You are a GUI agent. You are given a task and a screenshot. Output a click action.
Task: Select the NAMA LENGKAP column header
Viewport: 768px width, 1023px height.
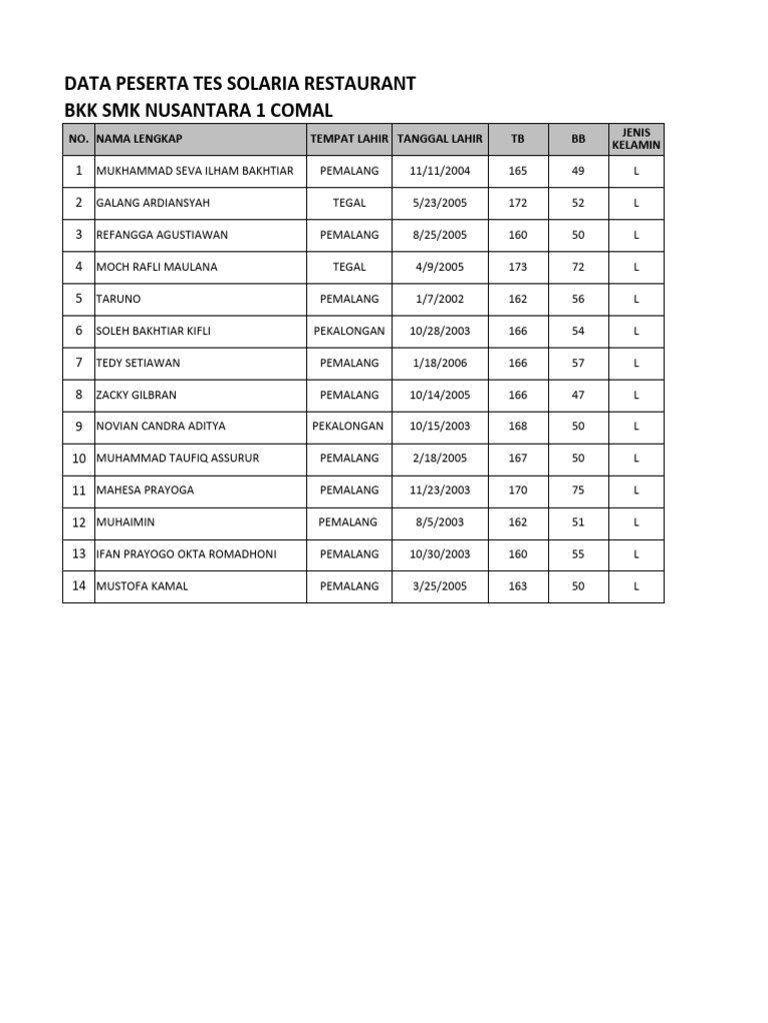point(139,139)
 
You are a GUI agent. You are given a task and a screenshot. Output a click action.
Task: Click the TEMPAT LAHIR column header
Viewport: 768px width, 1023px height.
point(349,139)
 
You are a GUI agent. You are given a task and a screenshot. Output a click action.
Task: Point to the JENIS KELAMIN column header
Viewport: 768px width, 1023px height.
point(636,139)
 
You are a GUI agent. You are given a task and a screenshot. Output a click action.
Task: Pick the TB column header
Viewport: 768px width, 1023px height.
point(517,139)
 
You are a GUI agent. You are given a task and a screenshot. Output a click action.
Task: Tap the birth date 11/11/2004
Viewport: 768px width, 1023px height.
point(440,171)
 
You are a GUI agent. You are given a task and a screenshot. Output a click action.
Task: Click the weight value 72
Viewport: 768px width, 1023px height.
point(578,267)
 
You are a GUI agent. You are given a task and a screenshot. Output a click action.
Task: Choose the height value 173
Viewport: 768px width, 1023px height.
point(517,267)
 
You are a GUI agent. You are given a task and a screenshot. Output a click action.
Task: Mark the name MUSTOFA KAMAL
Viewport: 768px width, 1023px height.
point(142,586)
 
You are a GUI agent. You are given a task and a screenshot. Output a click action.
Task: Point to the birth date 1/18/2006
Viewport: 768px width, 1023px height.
point(440,363)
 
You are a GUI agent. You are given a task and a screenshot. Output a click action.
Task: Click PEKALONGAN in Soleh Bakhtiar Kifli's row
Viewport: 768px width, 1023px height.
point(349,331)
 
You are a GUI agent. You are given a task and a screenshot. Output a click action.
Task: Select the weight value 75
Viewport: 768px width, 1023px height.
point(578,491)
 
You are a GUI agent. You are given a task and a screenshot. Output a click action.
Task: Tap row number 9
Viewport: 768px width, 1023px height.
point(78,426)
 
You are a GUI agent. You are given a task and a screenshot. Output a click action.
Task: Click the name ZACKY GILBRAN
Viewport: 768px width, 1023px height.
point(136,395)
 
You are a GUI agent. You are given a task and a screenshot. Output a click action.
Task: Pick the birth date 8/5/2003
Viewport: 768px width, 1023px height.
point(440,522)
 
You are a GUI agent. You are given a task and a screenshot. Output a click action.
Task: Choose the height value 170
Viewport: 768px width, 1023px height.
point(517,491)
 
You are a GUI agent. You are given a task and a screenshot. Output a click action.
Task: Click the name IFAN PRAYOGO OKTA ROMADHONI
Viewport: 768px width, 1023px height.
point(186,554)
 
